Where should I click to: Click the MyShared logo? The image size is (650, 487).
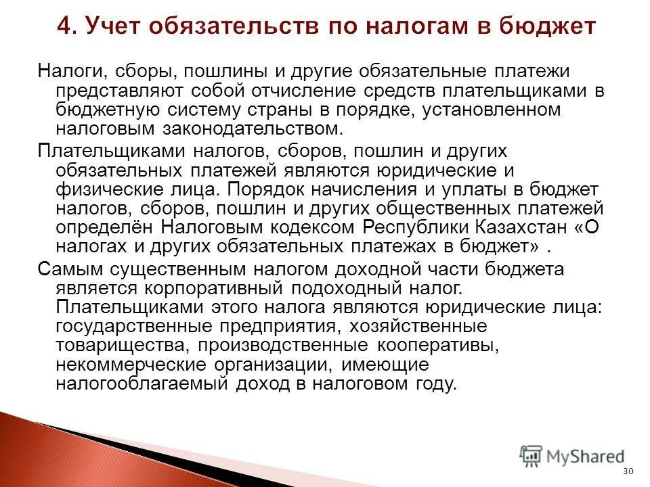572,455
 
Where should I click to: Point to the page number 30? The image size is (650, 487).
627,471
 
